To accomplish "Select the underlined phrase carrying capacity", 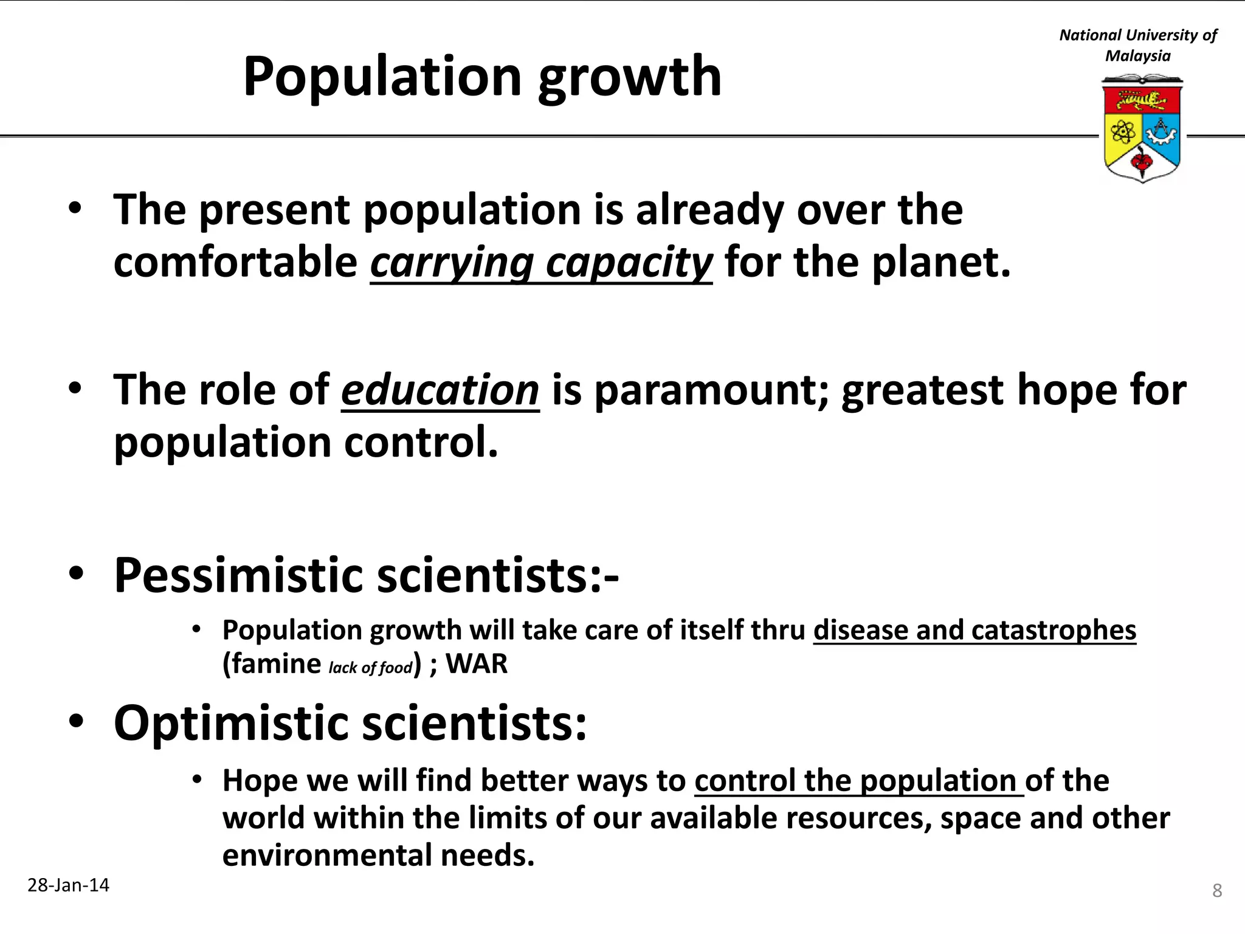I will click(x=541, y=263).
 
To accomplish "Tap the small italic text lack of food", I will click(x=371, y=668).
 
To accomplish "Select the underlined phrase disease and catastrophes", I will click(x=974, y=630).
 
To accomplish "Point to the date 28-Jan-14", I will click(x=69, y=885).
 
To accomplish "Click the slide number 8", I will click(x=1217, y=891).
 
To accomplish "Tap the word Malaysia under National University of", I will click(x=1137, y=56).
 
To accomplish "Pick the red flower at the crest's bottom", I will click(x=1141, y=162).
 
